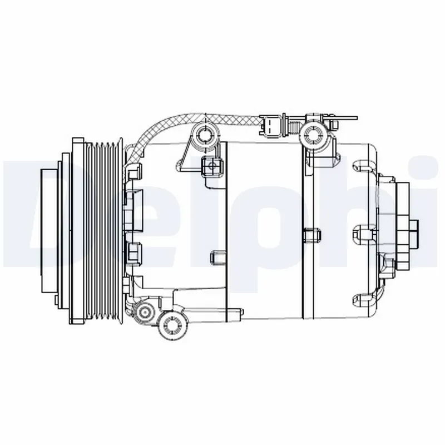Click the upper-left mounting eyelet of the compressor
tap(205, 134)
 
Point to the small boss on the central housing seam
tap(312, 236)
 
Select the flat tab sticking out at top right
tap(348, 117)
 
